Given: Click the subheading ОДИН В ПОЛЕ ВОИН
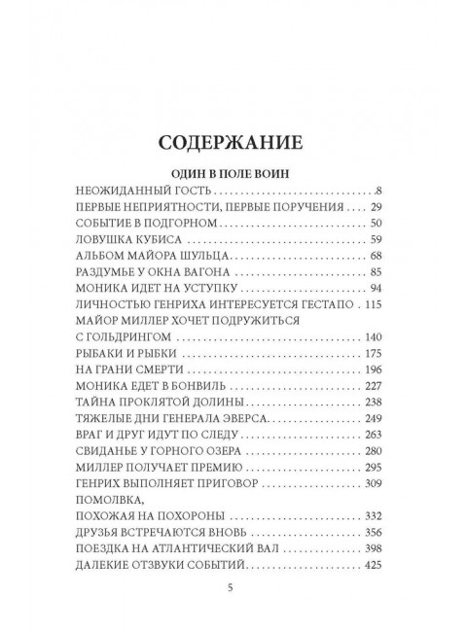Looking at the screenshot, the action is coord(233,173).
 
